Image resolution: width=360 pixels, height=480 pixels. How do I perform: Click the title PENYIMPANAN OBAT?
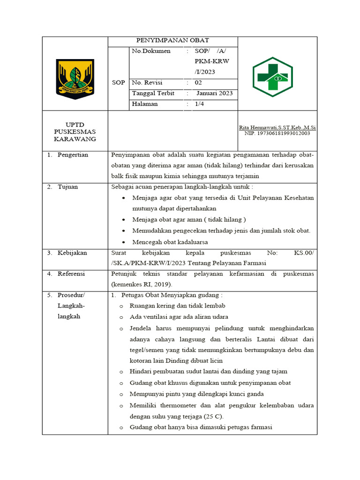pyautogui.click(x=172, y=40)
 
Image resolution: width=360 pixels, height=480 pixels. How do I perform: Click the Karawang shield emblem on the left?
pyautogui.click(x=75, y=78)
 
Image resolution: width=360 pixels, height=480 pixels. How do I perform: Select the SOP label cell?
pyautogui.click(x=118, y=82)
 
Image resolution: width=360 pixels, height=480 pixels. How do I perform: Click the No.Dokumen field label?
pyautogui.click(x=151, y=51)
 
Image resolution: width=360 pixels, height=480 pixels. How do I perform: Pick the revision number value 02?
pyautogui.click(x=198, y=82)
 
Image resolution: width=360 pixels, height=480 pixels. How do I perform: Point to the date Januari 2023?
pyautogui.click(x=214, y=93)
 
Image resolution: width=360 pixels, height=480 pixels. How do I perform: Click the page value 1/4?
pyautogui.click(x=199, y=104)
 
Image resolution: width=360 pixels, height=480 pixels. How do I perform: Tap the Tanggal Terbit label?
pyautogui.click(x=153, y=93)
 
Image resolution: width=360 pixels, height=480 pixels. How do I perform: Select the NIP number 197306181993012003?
pyautogui.click(x=277, y=134)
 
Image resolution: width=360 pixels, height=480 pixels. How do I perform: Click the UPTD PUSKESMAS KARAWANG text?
pyautogui.click(x=75, y=132)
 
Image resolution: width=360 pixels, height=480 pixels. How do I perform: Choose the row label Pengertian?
pyautogui.click(x=73, y=155)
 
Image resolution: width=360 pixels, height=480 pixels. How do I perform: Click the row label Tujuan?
pyautogui.click(x=68, y=187)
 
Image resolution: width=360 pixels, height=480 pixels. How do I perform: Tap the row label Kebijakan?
pyautogui.click(x=72, y=253)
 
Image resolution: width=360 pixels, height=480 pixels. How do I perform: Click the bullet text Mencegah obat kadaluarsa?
pyautogui.click(x=170, y=242)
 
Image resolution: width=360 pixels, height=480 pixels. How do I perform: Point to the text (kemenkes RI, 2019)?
pyautogui.click(x=142, y=284)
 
